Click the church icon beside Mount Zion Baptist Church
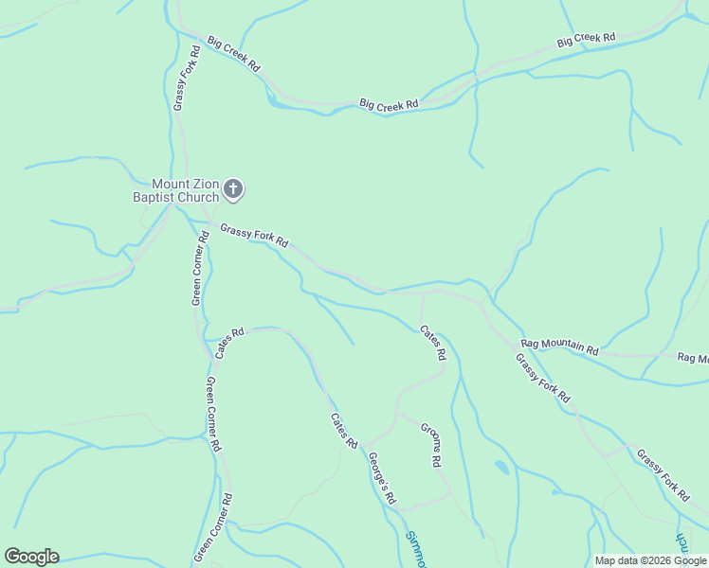point(233,190)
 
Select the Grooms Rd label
point(431,444)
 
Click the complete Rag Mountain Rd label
point(560,346)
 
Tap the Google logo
point(31,556)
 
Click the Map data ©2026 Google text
point(649,560)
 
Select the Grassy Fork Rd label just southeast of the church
point(254,235)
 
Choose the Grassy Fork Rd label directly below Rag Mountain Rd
point(543,376)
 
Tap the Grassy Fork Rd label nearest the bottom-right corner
point(663,474)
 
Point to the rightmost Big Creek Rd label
point(586,41)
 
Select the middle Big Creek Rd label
point(389,105)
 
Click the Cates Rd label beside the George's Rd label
point(344,431)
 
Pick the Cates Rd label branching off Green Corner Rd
point(229,343)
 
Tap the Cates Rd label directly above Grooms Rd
point(433,343)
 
